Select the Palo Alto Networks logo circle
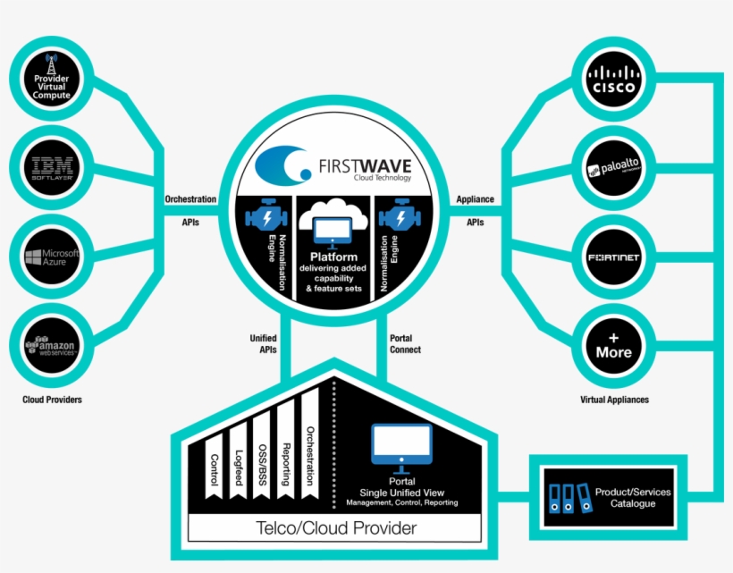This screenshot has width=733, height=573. (613, 167)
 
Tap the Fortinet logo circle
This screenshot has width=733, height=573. (613, 257)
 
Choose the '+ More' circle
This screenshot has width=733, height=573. (613, 345)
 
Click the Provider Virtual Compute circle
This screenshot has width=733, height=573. (51, 76)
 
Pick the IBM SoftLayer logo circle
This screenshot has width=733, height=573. (51, 166)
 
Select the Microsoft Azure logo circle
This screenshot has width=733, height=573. (51, 257)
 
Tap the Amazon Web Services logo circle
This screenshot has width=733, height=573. (51, 346)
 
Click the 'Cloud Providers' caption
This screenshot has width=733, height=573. (52, 400)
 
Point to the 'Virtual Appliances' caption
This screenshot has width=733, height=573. (614, 400)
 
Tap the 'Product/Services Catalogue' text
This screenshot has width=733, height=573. (633, 498)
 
